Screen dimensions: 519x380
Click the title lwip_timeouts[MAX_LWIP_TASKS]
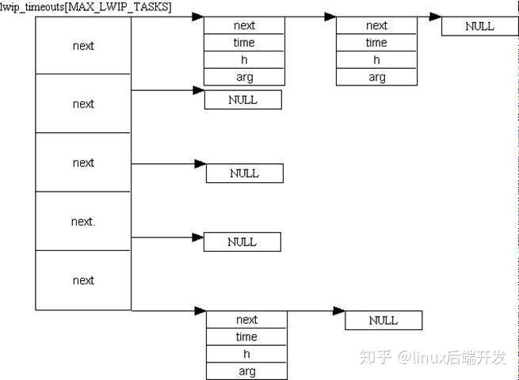point(86,6)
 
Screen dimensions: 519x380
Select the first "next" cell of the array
point(83,45)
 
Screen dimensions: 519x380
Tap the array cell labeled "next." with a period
point(83,221)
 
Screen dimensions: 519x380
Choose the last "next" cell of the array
point(83,280)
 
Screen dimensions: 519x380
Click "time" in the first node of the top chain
point(244,43)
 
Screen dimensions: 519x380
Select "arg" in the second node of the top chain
point(376,77)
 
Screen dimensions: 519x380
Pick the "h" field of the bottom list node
point(246,354)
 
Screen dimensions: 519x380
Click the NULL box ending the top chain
point(480,26)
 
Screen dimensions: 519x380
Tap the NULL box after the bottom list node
point(384,320)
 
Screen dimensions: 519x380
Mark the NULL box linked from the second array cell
point(243,100)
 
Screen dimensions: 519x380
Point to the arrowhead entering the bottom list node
point(200,310)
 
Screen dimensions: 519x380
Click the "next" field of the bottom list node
point(246,320)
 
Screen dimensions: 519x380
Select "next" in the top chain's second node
point(376,25)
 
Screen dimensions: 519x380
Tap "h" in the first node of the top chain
point(244,60)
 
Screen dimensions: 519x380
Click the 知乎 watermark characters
point(376,358)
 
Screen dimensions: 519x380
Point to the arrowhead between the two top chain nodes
point(330,17)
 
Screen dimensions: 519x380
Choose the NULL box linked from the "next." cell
point(242,241)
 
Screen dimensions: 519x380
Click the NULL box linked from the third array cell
point(245,173)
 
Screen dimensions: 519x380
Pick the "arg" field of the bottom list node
point(246,371)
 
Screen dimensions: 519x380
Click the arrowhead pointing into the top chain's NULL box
point(435,17)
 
